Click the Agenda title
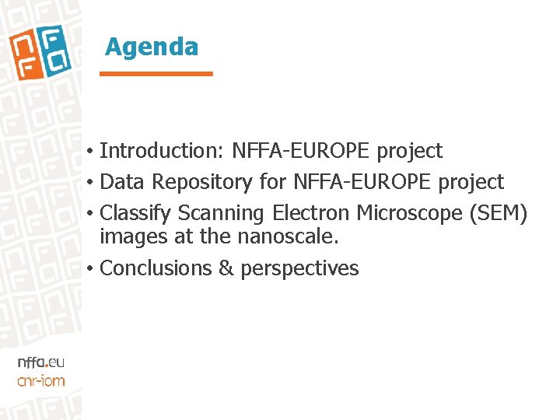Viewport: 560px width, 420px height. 152,47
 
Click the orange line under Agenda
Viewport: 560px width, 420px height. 156,74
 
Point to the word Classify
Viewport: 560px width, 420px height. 135,213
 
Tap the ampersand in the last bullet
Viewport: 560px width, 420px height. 226,268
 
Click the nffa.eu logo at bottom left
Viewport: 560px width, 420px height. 40,362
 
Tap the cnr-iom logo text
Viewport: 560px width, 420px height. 40,380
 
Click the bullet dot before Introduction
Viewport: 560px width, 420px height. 91,151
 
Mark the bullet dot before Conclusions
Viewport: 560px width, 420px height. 91,269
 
